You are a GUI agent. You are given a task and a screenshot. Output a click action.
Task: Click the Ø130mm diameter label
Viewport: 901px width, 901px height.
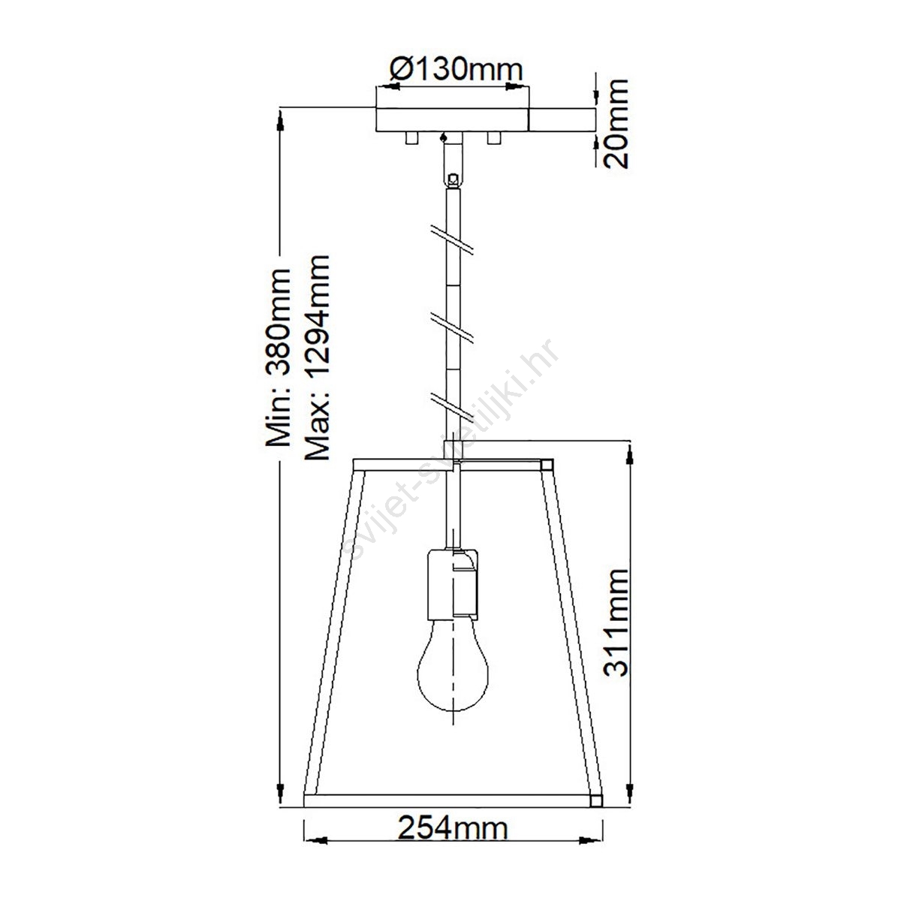click(456, 70)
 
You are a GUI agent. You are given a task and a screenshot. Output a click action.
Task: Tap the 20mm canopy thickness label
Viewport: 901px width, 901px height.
click(616, 124)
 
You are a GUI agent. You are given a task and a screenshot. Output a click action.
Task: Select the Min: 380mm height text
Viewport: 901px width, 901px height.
click(279, 357)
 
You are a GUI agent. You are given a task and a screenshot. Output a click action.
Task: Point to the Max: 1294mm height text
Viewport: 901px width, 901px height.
click(317, 357)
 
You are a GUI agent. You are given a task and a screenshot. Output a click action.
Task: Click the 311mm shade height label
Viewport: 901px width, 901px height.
click(616, 622)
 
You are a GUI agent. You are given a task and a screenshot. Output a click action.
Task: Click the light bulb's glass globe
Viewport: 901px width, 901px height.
click(453, 672)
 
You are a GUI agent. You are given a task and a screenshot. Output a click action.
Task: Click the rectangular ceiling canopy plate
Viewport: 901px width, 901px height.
click(452, 119)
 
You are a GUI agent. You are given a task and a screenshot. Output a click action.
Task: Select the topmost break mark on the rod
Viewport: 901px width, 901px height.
click(452, 240)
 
